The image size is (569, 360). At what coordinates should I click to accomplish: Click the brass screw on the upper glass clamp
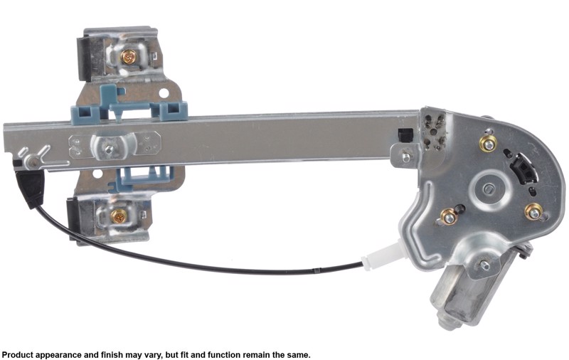point(129,57)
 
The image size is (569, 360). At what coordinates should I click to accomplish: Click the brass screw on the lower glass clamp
point(118,216)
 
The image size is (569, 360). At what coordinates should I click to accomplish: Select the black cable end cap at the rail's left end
point(30,189)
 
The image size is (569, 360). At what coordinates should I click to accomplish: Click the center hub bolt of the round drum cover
point(489,189)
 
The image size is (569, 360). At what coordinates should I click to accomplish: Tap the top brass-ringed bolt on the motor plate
point(489,144)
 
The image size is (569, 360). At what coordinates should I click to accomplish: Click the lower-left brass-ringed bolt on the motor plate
point(450,218)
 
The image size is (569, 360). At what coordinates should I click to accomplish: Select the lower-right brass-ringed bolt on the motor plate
point(533,213)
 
